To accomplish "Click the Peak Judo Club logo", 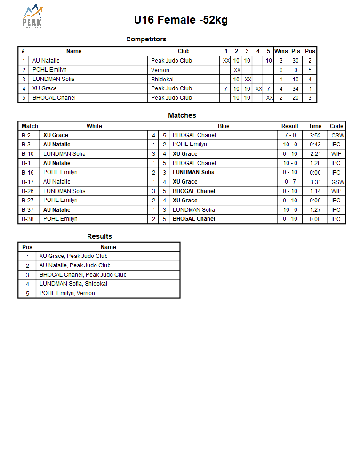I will pyautogui.click(x=32, y=16).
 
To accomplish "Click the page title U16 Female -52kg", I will pyautogui.click(x=181, y=20).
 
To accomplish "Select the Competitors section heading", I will pyautogui.click(x=146, y=39).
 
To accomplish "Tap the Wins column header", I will pyautogui.click(x=281, y=51).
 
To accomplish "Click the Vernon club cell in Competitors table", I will pyautogui.click(x=160, y=70).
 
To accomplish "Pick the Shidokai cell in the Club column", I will pyautogui.click(x=162, y=79).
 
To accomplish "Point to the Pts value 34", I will pyautogui.click(x=295, y=88).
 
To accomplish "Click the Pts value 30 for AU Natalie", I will pyautogui.click(x=295, y=61).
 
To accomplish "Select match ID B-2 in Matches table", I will pyautogui.click(x=26, y=135).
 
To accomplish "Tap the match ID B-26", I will pyautogui.click(x=28, y=191).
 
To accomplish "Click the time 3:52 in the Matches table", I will pyautogui.click(x=315, y=136).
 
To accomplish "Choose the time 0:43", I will pyautogui.click(x=315, y=145).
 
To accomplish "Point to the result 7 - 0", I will pyautogui.click(x=290, y=135).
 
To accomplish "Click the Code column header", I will pyautogui.click(x=336, y=126).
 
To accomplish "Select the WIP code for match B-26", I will pyautogui.click(x=336, y=191).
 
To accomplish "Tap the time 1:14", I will pyautogui.click(x=315, y=191).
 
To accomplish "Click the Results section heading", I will pyautogui.click(x=99, y=236).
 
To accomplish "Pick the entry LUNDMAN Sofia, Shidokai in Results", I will pyautogui.click(x=73, y=284).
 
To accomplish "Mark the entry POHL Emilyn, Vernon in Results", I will pyautogui.click(x=67, y=293).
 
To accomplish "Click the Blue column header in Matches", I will pyautogui.click(x=224, y=126).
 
